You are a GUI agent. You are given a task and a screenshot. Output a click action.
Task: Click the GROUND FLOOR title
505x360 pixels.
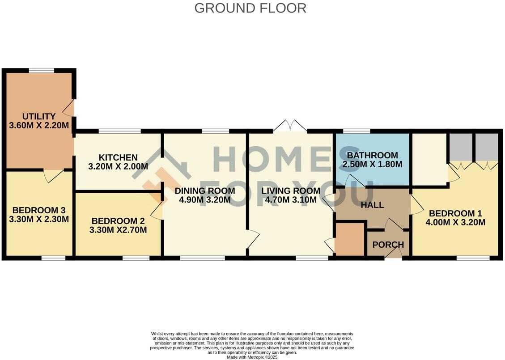pos(250,8)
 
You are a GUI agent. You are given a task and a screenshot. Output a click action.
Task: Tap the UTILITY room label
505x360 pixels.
pos(39,116)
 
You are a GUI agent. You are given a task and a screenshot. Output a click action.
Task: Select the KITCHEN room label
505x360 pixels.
pos(118,157)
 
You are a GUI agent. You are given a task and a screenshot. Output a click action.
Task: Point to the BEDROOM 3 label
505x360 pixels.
pos(35,210)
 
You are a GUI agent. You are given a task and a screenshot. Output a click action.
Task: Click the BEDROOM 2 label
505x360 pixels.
pos(119,221)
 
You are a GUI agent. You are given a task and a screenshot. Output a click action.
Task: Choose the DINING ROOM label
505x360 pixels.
pos(205,191)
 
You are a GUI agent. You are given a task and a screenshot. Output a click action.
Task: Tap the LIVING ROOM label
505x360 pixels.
pos(291,191)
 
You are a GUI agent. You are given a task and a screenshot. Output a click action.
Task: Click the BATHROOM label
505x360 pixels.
pos(372,155)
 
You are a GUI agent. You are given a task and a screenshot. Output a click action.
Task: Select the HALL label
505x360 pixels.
pos(372,205)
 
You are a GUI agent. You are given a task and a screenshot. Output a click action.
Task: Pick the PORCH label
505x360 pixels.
pos(388,245)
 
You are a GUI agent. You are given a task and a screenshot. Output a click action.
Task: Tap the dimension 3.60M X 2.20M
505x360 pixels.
pos(39,126)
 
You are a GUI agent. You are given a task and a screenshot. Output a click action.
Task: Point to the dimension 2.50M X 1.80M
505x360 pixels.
pos(372,165)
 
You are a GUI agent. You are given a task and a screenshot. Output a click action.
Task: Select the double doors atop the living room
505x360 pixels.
pos(290,127)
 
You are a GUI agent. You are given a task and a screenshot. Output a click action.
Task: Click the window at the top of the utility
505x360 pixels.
pos(41,70)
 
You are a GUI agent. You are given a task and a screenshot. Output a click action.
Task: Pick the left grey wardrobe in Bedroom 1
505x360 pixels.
pos(460,147)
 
